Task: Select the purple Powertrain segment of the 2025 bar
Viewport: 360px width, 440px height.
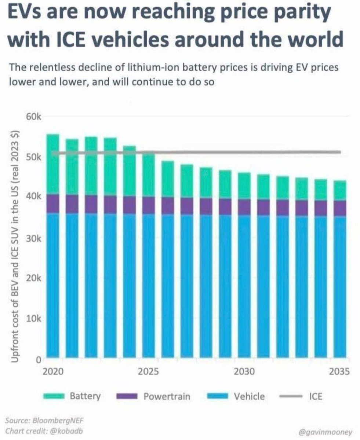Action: click(x=148, y=205)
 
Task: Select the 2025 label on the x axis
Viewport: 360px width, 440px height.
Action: click(x=148, y=372)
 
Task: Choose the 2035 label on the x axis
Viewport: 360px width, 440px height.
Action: click(x=338, y=372)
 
